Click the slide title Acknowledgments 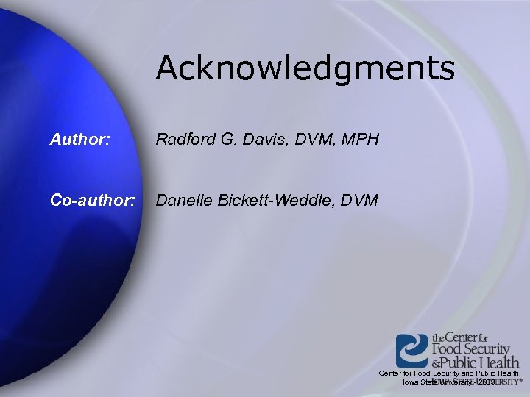[305, 68]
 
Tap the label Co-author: [93, 199]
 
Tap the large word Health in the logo [501, 362]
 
